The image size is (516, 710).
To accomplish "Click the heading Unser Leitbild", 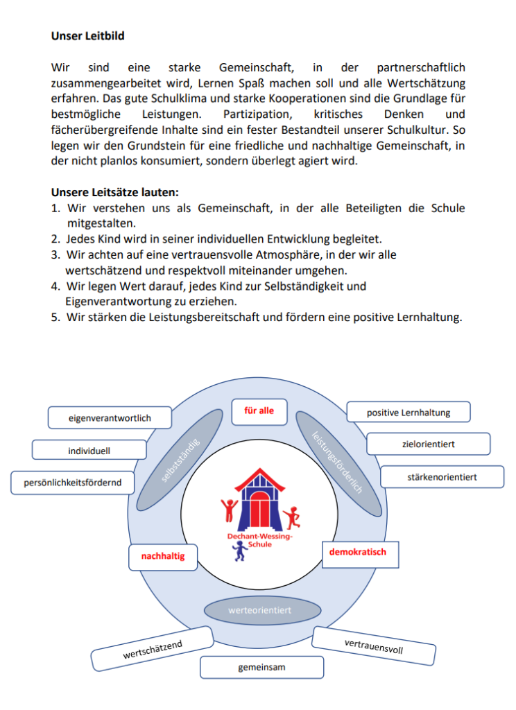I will pyautogui.click(x=87, y=35).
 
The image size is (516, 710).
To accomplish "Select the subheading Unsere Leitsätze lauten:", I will pyautogui.click(x=114, y=193).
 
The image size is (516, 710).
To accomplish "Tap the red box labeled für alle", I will pyautogui.click(x=259, y=411).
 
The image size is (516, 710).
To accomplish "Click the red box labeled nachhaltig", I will pyautogui.click(x=163, y=556).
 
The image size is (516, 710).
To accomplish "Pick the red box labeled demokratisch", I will pyautogui.click(x=357, y=553).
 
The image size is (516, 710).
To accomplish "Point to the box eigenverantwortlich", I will pyautogui.click(x=110, y=418).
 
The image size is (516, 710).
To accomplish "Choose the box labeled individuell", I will pyautogui.click(x=89, y=451).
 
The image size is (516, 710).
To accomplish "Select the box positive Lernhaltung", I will pyautogui.click(x=409, y=413).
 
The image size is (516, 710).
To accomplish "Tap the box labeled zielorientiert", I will pyautogui.click(x=428, y=444).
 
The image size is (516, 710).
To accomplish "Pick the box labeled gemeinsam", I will pyautogui.click(x=261, y=668).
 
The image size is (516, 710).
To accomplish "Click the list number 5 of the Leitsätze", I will pyautogui.click(x=55, y=318).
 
